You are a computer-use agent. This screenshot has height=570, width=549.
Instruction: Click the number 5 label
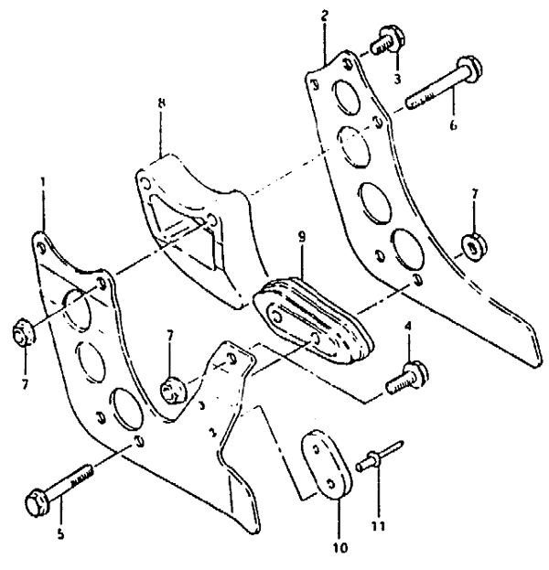pyautogui.click(x=60, y=532)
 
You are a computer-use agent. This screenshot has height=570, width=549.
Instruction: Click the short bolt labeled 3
pyautogui.click(x=382, y=41)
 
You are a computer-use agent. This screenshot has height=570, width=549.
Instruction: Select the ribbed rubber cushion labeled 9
pyautogui.click(x=314, y=323)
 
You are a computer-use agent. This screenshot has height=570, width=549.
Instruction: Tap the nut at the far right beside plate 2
pyautogui.click(x=473, y=246)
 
